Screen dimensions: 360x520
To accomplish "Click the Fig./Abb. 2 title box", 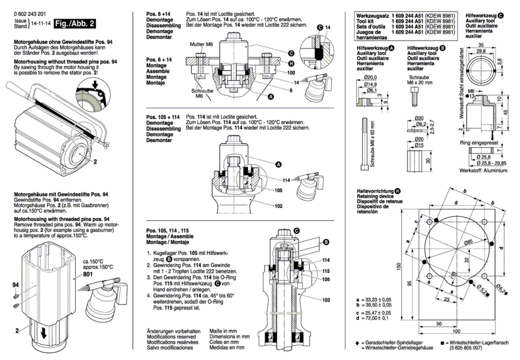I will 75,23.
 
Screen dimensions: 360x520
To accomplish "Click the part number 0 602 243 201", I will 30,14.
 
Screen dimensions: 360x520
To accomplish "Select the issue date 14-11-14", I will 41,23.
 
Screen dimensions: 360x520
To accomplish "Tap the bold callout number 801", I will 87,274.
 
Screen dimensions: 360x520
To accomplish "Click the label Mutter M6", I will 201,44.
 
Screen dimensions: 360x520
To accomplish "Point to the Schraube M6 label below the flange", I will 202,93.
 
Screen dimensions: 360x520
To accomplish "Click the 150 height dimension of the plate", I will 399,266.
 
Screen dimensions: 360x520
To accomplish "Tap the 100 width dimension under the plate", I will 456,331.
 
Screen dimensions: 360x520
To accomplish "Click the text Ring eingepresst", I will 479,142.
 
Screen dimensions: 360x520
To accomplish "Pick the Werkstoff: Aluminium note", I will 483,170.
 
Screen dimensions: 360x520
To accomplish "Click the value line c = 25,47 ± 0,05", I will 374,313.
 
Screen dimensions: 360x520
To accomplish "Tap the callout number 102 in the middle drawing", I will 279,206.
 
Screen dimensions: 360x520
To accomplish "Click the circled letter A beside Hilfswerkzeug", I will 392,48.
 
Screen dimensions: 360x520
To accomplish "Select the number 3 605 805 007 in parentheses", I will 466,348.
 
